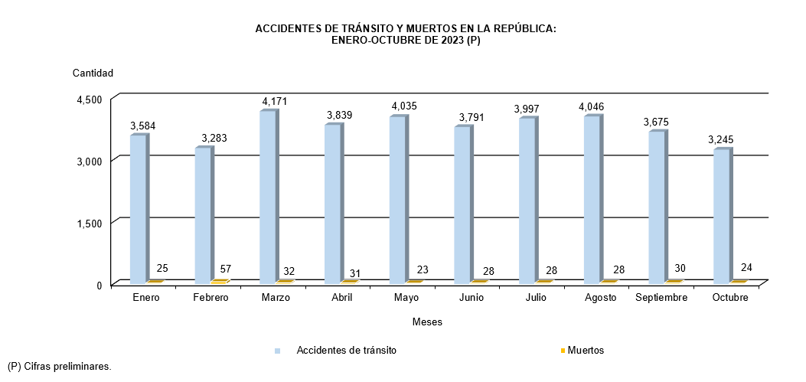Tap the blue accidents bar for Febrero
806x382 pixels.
point(203,215)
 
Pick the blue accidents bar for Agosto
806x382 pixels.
point(592,200)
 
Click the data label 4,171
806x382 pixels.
point(274,101)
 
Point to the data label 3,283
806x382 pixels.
point(214,139)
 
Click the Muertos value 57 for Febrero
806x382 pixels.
point(226,269)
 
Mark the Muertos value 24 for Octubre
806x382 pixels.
point(746,268)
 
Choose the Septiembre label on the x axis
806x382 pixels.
point(661,298)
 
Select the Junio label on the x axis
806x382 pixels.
point(471,298)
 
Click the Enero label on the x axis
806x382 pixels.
point(145,298)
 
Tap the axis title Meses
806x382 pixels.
point(427,322)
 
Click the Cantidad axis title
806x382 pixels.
point(93,73)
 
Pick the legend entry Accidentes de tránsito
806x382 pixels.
point(346,351)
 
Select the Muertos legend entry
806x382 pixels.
point(586,351)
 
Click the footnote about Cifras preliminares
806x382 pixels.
point(59,367)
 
